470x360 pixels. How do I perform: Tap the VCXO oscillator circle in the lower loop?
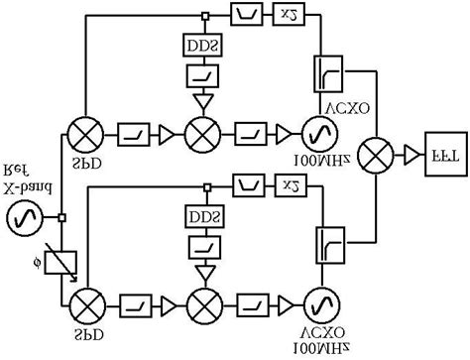click(319, 300)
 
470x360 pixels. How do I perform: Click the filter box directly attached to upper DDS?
click(204, 75)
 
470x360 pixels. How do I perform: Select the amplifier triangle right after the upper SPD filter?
click(163, 131)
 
